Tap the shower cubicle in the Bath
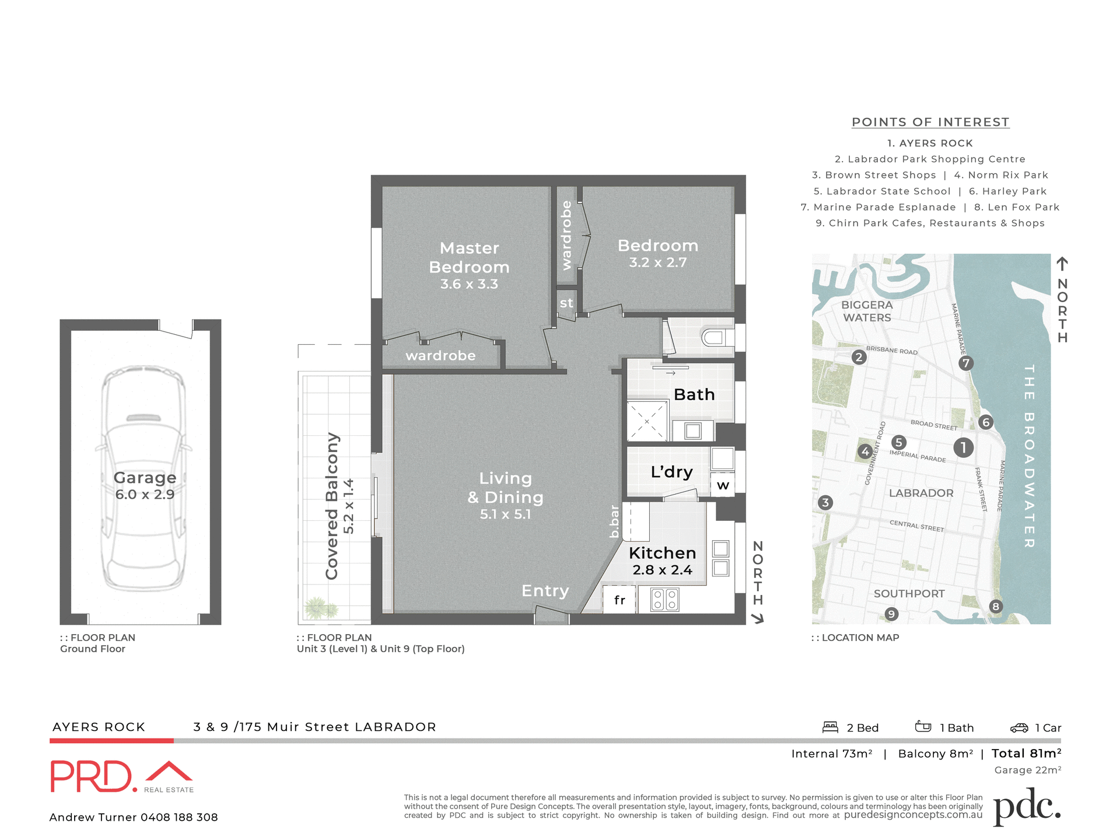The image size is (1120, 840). point(647,421)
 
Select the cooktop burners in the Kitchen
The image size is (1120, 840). point(664,599)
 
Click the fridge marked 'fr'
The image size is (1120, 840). point(619,600)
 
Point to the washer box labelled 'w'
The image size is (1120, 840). point(723,485)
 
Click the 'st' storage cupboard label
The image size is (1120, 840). point(566,303)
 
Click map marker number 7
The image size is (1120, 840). point(966,363)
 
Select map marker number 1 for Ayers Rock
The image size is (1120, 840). point(963,447)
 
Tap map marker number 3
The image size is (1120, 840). point(825,502)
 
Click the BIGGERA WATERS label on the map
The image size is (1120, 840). point(867,311)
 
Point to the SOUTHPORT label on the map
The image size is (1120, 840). point(909,594)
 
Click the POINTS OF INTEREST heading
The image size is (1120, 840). point(930,123)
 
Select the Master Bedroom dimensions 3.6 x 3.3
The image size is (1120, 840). point(469,285)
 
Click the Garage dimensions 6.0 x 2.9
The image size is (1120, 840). point(145,495)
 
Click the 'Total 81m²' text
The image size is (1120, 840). point(1026,754)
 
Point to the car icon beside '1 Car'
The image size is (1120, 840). point(1019,727)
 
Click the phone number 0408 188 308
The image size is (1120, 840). point(179,817)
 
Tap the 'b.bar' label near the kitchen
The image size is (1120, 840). point(614,521)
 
